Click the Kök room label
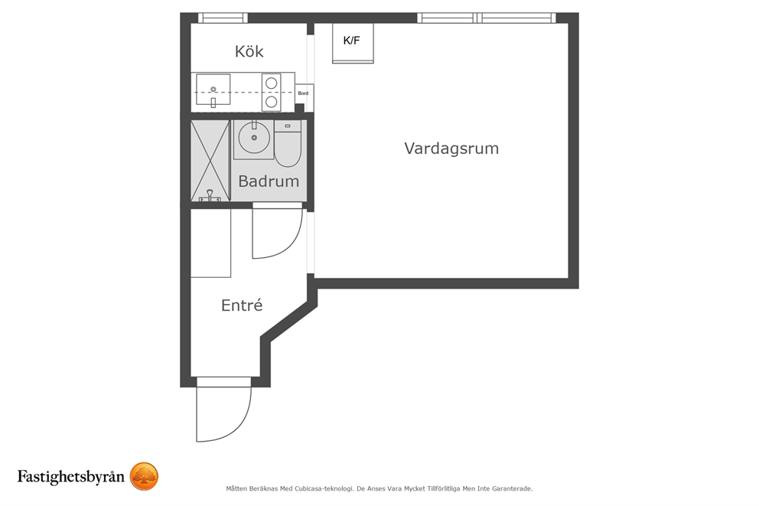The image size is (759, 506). point(249,51)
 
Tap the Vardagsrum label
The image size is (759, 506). point(451,149)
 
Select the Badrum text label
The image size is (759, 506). point(269,181)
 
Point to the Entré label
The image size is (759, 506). point(242,305)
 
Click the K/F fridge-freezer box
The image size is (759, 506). point(353,43)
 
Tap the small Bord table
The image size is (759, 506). point(304,93)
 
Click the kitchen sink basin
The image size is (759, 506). point(213,89)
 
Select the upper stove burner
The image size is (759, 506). point(271,83)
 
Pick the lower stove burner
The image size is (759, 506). point(271,102)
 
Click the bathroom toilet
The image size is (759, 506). point(288,143)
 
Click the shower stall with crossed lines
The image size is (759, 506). point(210,160)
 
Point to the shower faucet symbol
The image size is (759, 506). point(210,196)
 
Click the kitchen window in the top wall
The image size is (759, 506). point(223,18)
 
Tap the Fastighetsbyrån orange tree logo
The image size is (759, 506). point(145,476)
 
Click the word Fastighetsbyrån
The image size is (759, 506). point(70,476)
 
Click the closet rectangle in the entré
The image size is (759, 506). point(210,243)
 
